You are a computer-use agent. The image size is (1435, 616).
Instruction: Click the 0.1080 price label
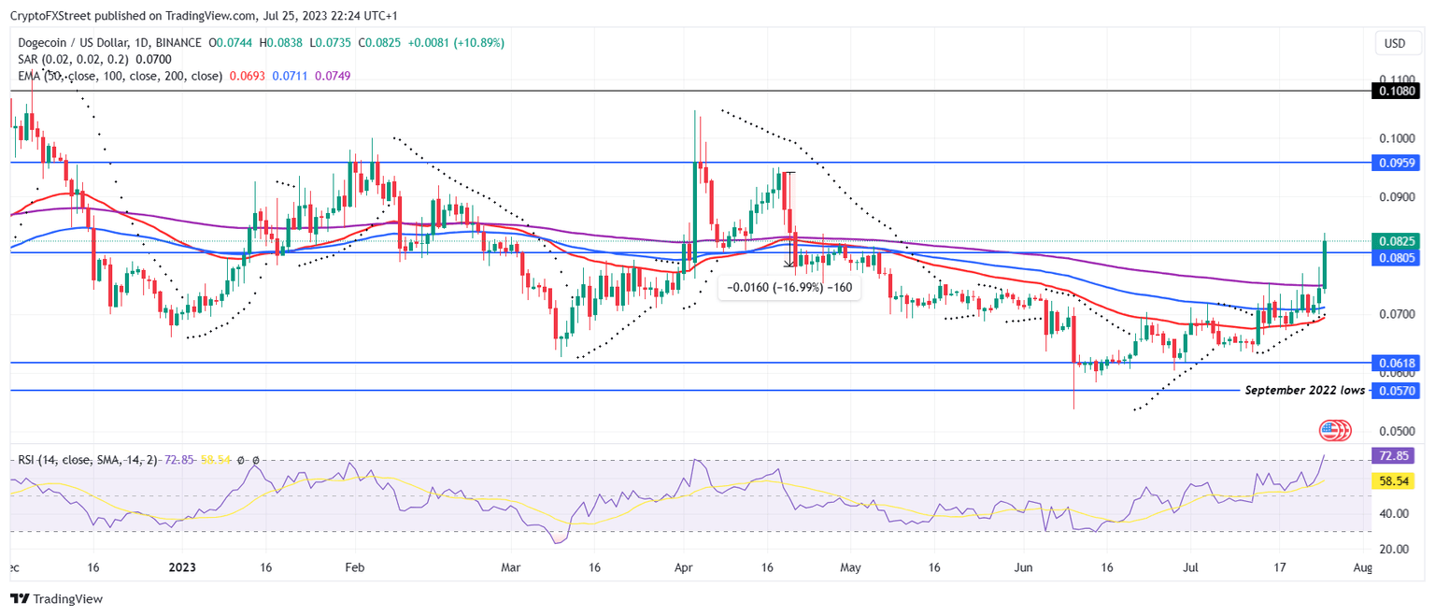(x=1395, y=91)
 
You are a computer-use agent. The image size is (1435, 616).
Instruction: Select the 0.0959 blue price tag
(x=1395, y=163)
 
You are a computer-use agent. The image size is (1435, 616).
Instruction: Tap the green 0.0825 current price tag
(x=1395, y=240)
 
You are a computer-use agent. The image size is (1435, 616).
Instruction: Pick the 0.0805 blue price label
(x=1395, y=257)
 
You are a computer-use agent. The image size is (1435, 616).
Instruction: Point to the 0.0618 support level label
(x=1395, y=363)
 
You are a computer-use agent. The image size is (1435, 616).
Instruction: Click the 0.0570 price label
(x=1395, y=391)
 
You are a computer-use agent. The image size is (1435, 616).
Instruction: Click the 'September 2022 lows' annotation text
(x=1304, y=390)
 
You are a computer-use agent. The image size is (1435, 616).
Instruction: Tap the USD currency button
(x=1394, y=43)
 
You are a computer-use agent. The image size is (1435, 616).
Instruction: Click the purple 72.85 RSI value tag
(x=1395, y=455)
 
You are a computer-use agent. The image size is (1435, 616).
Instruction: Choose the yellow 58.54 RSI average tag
(x=1395, y=480)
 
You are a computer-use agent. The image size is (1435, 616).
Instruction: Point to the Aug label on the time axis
(x=1362, y=567)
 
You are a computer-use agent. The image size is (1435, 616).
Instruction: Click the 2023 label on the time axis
(x=182, y=567)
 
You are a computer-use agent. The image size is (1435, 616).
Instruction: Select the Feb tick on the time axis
(x=353, y=567)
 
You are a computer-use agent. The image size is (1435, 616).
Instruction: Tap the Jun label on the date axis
(x=1024, y=567)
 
